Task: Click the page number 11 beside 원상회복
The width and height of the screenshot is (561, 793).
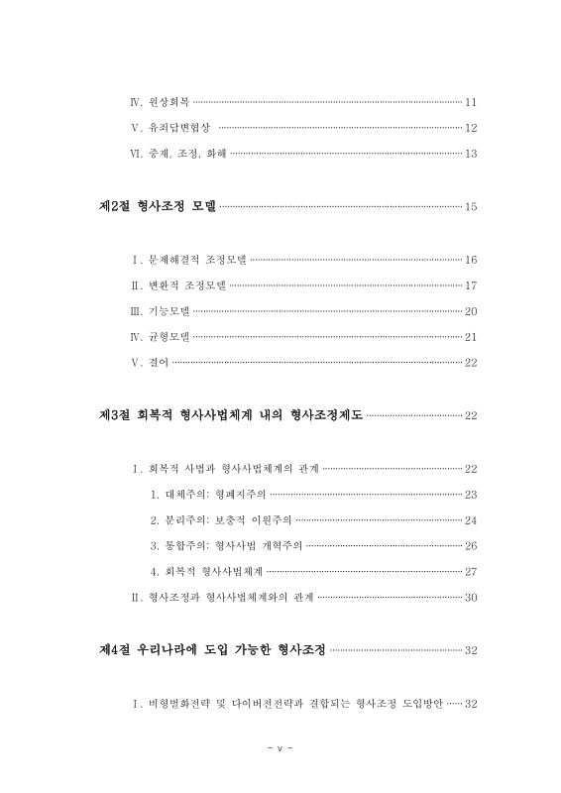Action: [471, 102]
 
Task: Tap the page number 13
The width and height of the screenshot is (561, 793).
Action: [471, 154]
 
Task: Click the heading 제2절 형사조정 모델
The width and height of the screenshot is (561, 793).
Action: [157, 206]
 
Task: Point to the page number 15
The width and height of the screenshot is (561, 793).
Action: [471, 207]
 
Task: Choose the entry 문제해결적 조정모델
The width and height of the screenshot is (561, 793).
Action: [196, 260]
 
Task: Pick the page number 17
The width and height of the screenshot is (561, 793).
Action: [471, 285]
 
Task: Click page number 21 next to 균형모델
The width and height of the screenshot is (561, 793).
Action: [471, 337]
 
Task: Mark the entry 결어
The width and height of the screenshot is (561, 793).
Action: [158, 363]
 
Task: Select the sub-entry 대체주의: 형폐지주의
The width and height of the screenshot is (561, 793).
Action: [208, 495]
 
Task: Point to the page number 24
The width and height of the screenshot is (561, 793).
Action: [471, 520]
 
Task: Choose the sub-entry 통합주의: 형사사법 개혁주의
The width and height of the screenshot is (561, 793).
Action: [227, 546]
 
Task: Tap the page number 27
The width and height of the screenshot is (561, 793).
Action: [471, 572]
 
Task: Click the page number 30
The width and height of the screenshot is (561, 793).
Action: [471, 598]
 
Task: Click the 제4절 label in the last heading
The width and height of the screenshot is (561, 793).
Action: [117, 650]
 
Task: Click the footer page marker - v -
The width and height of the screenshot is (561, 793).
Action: [280, 748]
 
